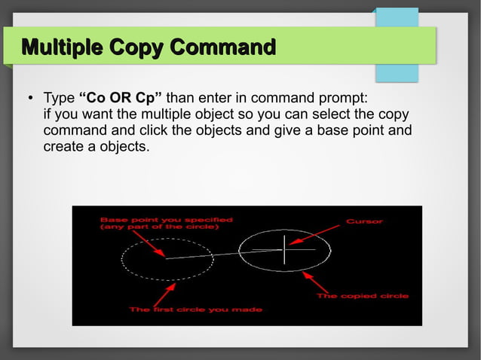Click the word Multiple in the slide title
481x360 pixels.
63,47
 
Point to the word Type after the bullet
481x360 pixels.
59,99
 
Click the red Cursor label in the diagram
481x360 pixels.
364,221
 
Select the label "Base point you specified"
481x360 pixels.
166,219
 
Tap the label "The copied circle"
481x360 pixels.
362,296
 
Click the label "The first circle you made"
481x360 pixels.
195,310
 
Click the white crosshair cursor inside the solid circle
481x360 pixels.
284,249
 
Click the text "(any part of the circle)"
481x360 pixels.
159,227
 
